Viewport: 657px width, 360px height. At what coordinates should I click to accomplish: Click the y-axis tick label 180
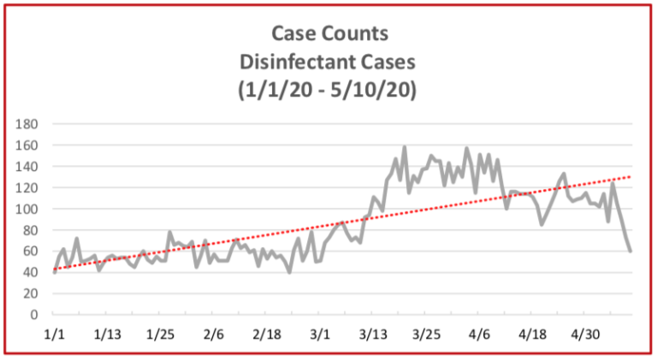(x=29, y=124)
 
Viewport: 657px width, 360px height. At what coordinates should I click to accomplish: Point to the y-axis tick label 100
(x=29, y=209)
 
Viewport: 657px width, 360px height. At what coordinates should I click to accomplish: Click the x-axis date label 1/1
(x=55, y=334)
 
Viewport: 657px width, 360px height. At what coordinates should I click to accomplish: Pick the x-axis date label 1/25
(x=161, y=334)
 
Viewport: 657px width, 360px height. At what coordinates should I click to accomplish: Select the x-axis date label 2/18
(x=267, y=334)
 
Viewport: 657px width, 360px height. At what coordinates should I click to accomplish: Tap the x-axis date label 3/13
(x=373, y=334)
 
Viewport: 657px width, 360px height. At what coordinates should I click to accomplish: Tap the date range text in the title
(x=329, y=89)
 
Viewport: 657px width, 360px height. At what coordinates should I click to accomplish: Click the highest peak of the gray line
(x=404, y=147)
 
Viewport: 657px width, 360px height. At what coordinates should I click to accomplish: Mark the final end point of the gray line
(x=630, y=251)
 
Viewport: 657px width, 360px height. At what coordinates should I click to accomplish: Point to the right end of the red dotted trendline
(x=631, y=177)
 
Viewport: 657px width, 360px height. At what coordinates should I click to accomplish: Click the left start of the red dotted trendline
(x=55, y=269)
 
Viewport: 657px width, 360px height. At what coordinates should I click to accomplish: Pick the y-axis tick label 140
(x=29, y=167)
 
